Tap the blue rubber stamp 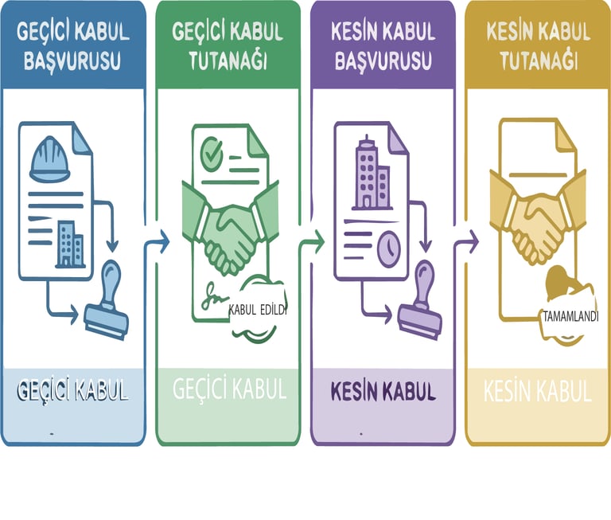pyautogui.click(x=107, y=306)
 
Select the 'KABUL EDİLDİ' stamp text pyautogui.click(x=256, y=311)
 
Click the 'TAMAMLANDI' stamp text pyautogui.click(x=570, y=315)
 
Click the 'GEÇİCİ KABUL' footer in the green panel pyautogui.click(x=229, y=390)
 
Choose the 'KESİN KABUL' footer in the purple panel pyautogui.click(x=383, y=392)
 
